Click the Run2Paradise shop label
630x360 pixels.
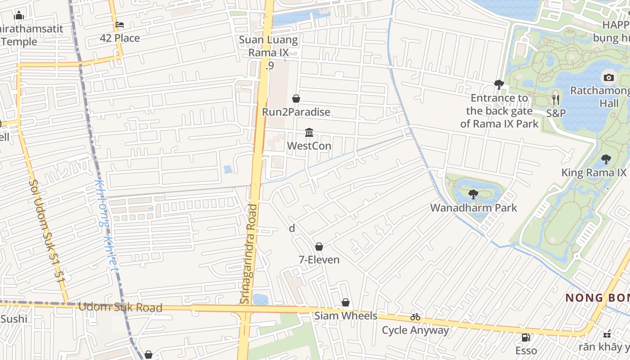click(x=296, y=112)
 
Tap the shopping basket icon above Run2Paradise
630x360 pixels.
click(x=296, y=99)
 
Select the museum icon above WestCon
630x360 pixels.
click(x=309, y=132)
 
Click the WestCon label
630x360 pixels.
click(x=309, y=146)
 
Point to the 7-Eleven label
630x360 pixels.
click(x=319, y=260)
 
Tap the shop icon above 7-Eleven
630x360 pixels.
click(x=319, y=247)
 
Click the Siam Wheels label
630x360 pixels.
click(x=346, y=315)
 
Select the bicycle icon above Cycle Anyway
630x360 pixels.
click(x=415, y=317)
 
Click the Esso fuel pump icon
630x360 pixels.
click(x=525, y=337)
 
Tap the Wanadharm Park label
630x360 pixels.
click(x=473, y=208)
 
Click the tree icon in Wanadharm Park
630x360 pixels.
click(x=473, y=194)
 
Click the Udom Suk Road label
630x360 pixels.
click(x=120, y=307)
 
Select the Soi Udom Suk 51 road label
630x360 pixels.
click(x=47, y=231)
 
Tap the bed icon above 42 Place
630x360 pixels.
click(x=120, y=25)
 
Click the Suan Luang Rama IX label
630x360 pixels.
click(x=268, y=46)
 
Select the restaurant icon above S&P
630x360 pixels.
click(x=556, y=99)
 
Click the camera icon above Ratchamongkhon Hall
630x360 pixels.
click(x=608, y=77)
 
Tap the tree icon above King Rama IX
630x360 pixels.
click(x=606, y=159)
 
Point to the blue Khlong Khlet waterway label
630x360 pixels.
click(x=107, y=225)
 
